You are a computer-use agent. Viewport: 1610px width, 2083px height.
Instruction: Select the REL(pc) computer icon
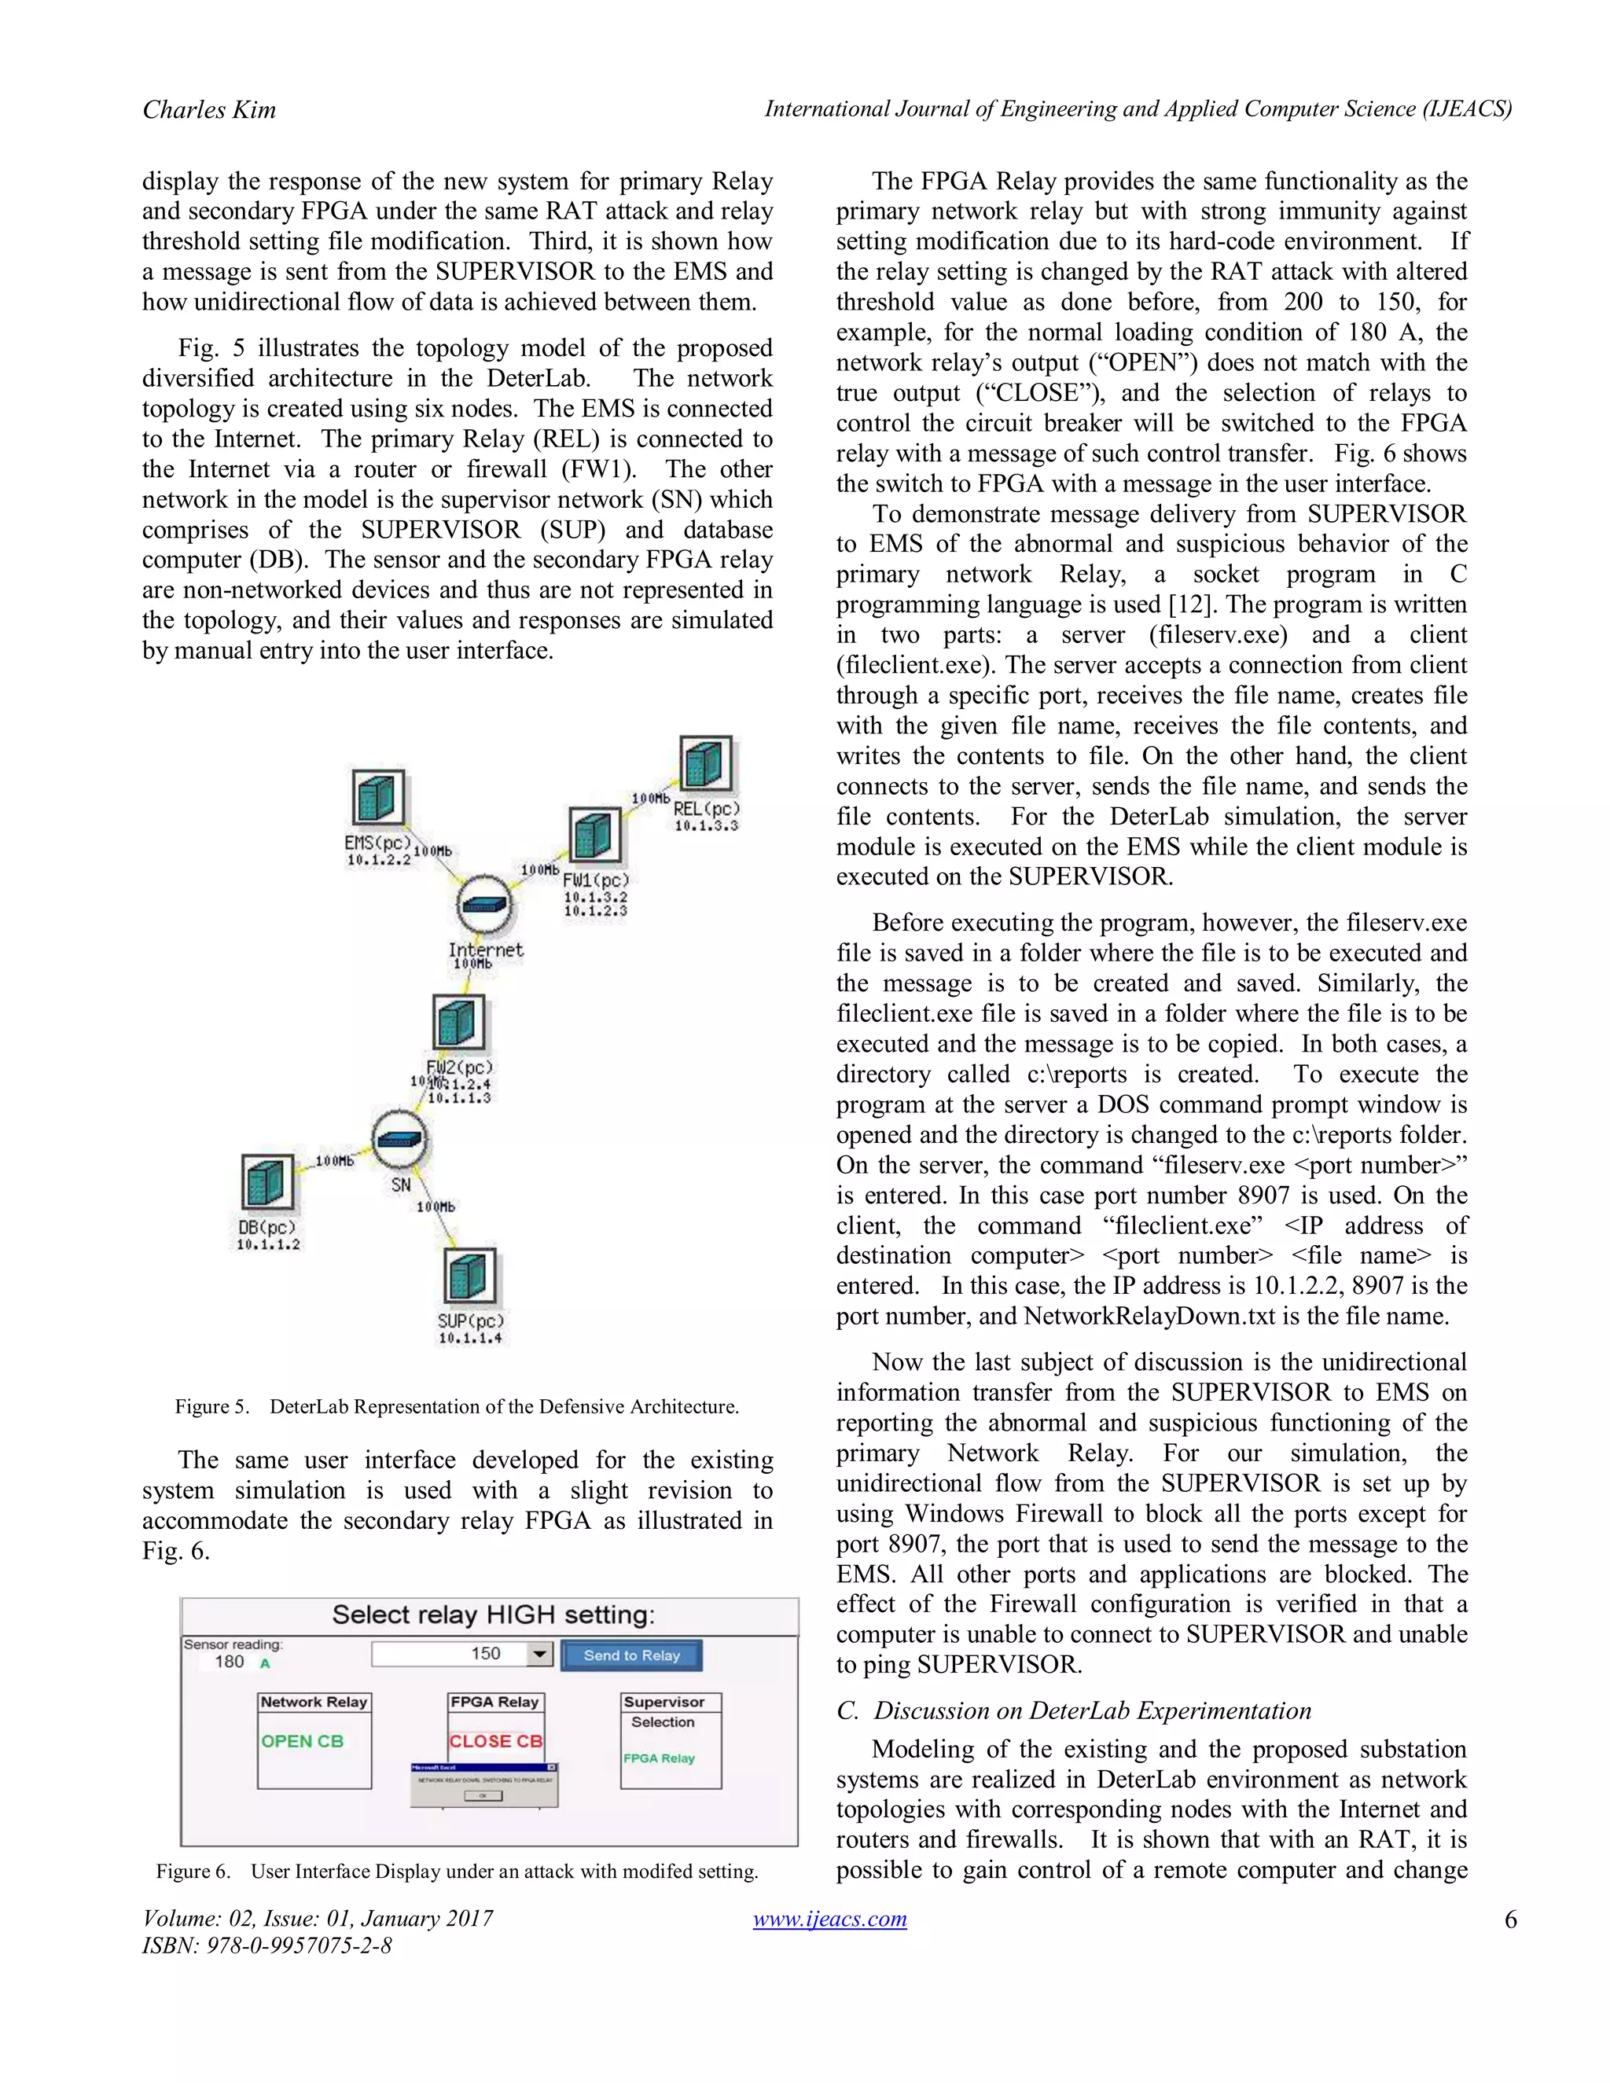click(x=706, y=763)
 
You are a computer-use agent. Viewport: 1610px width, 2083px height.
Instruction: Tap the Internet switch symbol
click(x=484, y=905)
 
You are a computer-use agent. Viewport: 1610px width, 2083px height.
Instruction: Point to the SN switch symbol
click(x=399, y=1140)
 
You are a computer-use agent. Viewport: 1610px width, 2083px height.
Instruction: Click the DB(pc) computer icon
click(x=266, y=1183)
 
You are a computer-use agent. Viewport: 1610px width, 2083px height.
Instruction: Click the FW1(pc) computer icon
click(x=594, y=836)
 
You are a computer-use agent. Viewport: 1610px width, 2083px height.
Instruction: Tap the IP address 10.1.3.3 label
click(x=706, y=826)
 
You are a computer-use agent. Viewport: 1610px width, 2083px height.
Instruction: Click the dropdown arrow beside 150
click(x=540, y=1654)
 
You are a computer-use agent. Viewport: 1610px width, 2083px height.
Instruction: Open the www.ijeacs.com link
click(x=830, y=1919)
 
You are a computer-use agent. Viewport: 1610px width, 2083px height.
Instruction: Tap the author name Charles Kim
click(x=210, y=110)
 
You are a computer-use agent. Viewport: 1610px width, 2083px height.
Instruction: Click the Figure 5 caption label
click(x=211, y=1407)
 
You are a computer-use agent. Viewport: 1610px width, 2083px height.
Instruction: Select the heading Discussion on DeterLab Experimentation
click(x=1092, y=1710)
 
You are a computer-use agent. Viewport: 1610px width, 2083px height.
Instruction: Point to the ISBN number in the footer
click(x=267, y=1945)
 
